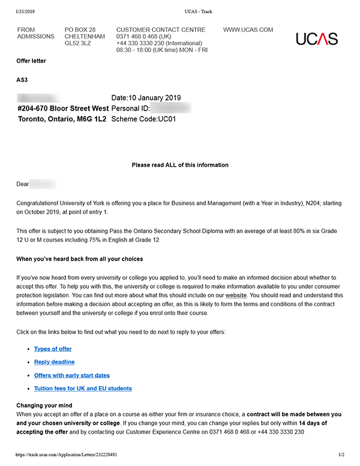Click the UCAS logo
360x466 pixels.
point(317,39)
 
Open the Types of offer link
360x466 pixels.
point(53,349)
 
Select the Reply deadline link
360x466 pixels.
point(55,362)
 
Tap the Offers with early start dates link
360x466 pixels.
point(72,375)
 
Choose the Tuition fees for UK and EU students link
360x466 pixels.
point(83,389)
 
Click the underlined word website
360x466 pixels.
point(236,295)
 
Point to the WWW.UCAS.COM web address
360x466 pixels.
point(248,29)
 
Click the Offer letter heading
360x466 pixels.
point(31,61)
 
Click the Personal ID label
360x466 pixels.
point(130,109)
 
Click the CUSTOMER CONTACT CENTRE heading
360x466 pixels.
point(160,29)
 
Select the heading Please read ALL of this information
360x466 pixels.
point(180,165)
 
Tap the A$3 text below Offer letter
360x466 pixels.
point(22,80)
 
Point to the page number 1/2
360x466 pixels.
point(341,455)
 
